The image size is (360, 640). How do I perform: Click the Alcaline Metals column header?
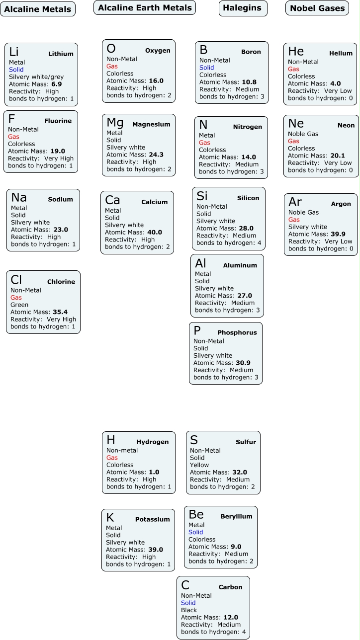point(38,9)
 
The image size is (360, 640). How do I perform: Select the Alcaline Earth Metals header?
point(145,7)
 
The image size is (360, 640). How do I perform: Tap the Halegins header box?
point(243,8)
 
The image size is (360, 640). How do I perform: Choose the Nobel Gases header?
point(317,8)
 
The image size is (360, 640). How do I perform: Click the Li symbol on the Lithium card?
point(14,52)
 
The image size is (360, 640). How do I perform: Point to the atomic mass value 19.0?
point(58,151)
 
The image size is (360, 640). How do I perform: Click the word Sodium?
point(60,199)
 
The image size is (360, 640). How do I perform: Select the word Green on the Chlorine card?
point(19,305)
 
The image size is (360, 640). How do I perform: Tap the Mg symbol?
point(115,123)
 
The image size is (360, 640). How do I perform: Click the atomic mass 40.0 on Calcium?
point(155,232)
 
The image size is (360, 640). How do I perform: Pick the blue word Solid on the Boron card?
point(206,68)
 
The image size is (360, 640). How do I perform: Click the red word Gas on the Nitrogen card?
point(204,143)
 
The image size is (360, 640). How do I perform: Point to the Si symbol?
point(202,196)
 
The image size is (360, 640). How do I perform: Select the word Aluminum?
point(240,265)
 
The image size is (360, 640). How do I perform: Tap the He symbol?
point(296,52)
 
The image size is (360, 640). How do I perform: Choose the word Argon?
point(341,204)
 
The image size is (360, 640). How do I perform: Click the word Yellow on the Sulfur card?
point(199,465)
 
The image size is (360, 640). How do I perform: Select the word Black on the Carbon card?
point(189,610)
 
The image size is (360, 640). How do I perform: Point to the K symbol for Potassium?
point(110,518)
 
